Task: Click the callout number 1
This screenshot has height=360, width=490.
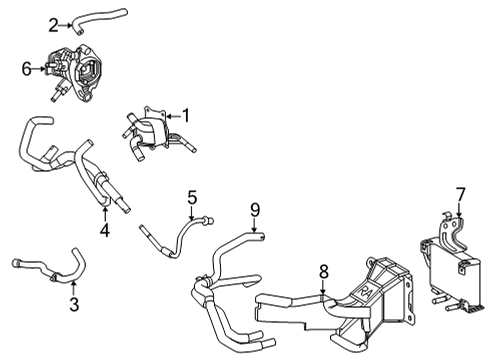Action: point(184,116)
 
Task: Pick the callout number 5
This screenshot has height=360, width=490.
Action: point(192,197)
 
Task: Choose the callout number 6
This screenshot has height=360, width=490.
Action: point(27,69)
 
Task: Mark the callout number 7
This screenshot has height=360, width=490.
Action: point(460,193)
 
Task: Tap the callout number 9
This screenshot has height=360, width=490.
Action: point(254,209)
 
